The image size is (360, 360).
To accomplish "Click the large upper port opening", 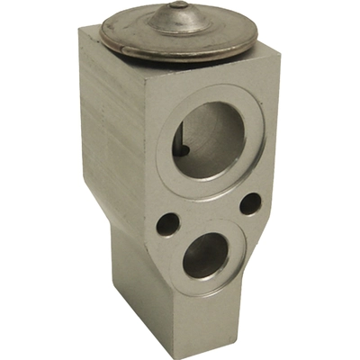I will pyautogui.click(x=208, y=139).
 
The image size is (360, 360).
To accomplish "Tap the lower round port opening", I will pyautogui.click(x=206, y=256).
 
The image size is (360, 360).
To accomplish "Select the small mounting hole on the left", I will pyautogui.click(x=166, y=223).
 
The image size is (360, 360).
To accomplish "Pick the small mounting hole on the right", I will pyautogui.click(x=250, y=204).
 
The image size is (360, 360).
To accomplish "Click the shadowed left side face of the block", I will pyautogui.click(x=108, y=135).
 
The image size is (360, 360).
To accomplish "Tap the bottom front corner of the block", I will pyautogui.click(x=175, y=353).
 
